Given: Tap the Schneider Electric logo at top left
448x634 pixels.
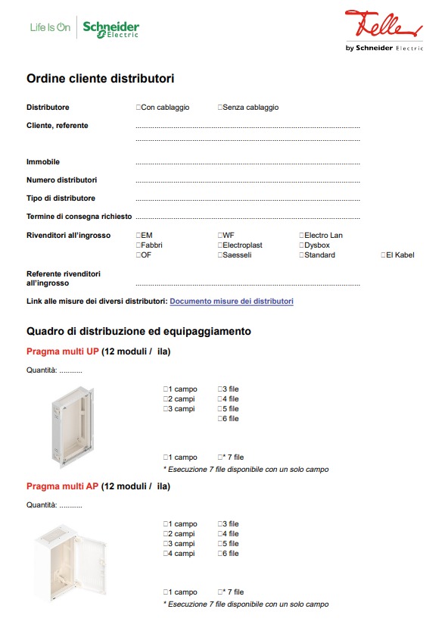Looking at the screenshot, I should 110,30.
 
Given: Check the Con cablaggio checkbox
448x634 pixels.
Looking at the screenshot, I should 138,108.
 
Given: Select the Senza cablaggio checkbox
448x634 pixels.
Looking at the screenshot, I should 220,108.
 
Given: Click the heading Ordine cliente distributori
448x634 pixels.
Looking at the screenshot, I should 101,79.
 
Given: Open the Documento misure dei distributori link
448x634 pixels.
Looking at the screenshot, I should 232,301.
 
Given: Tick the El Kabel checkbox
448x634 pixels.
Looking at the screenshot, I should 383,255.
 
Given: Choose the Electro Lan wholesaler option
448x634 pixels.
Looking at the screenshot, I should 301,236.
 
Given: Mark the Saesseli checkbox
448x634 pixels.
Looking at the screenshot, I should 220,255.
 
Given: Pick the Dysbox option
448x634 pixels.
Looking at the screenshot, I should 301,245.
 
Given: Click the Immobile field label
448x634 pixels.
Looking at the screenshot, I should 43,162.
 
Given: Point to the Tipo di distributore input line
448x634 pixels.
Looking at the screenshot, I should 247,200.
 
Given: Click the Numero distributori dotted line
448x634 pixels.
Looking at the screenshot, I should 247,182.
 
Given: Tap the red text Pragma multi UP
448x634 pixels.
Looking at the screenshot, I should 63,351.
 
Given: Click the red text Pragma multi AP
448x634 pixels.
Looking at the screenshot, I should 63,486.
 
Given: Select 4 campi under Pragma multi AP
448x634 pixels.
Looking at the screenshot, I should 166,554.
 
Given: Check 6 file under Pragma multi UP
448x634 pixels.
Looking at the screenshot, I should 220,419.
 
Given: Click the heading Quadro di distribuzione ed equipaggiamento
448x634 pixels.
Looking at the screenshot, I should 138,332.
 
